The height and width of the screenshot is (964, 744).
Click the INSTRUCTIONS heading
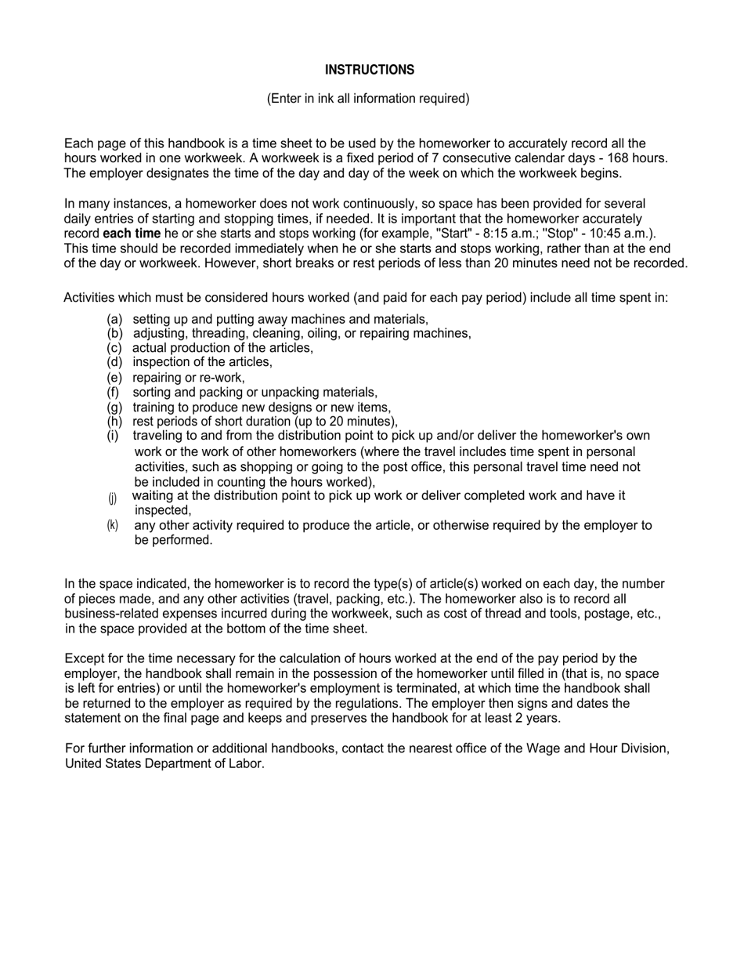(x=370, y=70)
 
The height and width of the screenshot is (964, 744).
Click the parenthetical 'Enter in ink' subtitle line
(x=368, y=99)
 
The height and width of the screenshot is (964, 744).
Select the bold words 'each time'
(x=132, y=234)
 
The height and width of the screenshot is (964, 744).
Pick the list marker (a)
(x=114, y=319)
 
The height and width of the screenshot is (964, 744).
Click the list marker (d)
(x=114, y=362)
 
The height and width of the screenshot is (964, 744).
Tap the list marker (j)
(x=113, y=498)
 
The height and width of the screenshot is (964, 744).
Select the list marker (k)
(x=113, y=525)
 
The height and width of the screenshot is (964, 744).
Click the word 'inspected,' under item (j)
(x=163, y=510)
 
